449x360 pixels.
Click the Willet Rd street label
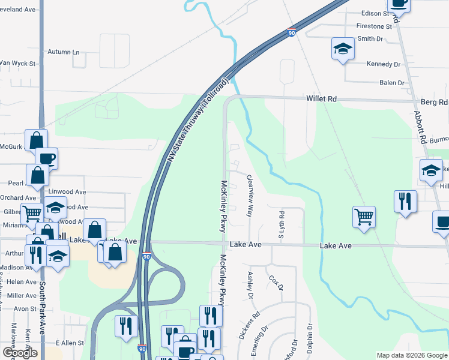[x=322, y=98]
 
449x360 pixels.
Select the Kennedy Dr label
[x=384, y=64]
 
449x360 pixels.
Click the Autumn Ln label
[x=64, y=52]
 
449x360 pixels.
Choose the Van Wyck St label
[x=18, y=62]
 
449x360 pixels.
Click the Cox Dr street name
[x=276, y=282]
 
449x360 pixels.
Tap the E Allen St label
[x=70, y=342]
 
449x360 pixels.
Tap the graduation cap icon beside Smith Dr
[x=343, y=48]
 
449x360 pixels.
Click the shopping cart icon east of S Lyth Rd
[x=364, y=216]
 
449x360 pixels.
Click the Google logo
[x=20, y=353]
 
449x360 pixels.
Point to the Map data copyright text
[x=412, y=355]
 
